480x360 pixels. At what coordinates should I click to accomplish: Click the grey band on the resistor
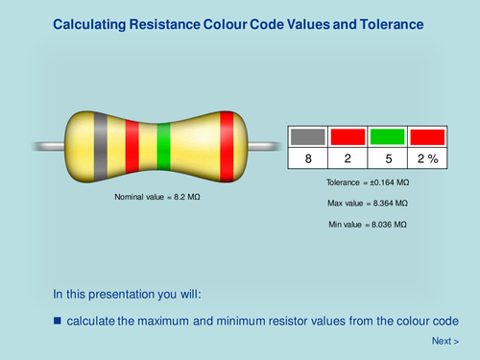click(x=99, y=149)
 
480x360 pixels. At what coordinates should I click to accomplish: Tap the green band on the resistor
click(x=163, y=149)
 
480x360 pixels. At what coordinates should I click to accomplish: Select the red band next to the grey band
click(x=132, y=149)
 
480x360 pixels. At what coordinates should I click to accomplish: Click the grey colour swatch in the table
click(x=308, y=136)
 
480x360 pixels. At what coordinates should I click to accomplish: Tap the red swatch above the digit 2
click(x=348, y=136)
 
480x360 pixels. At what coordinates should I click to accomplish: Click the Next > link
click(x=444, y=341)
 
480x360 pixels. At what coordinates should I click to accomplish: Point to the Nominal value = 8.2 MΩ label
click(x=156, y=197)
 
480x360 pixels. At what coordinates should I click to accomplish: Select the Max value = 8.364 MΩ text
click(x=368, y=204)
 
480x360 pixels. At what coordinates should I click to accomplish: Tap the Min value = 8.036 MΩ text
click(x=368, y=225)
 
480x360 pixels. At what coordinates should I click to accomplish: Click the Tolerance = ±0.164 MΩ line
click(x=368, y=182)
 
